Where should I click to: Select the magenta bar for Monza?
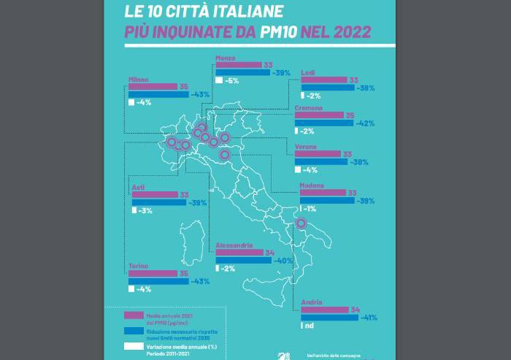tap(238, 65)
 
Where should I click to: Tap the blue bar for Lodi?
tap(327, 88)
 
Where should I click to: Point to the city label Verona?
tap(305, 147)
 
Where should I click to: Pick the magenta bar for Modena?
tap(322, 193)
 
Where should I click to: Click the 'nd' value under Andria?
tap(309, 326)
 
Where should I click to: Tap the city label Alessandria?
tap(234, 245)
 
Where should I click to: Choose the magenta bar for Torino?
tap(153, 274)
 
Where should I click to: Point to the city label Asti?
tap(137, 188)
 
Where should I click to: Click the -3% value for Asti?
tap(145, 211)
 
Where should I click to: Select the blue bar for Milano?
tap(158, 94)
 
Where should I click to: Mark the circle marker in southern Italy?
tap(301, 224)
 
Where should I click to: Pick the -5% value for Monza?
tap(232, 80)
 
